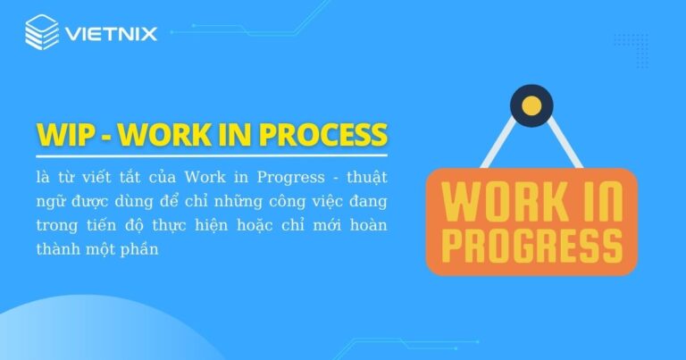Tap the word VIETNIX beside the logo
click(x=110, y=35)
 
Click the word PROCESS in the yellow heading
click(x=322, y=135)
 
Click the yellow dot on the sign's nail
click(x=531, y=106)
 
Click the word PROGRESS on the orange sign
click(x=531, y=242)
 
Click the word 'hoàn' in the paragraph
click(x=368, y=224)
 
